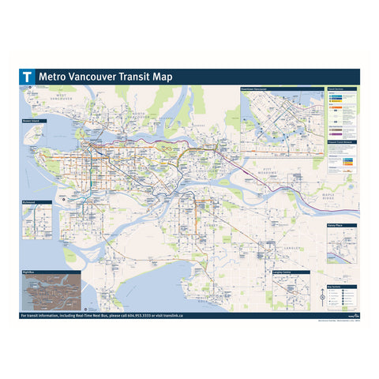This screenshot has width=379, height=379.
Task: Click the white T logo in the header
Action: click(x=28, y=77)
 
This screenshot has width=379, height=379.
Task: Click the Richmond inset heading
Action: click(x=31, y=202)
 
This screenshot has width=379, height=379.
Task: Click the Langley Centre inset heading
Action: click(x=282, y=272)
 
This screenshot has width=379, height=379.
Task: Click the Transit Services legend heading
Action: click(x=339, y=89)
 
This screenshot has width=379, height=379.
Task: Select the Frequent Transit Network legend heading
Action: click(x=341, y=141)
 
